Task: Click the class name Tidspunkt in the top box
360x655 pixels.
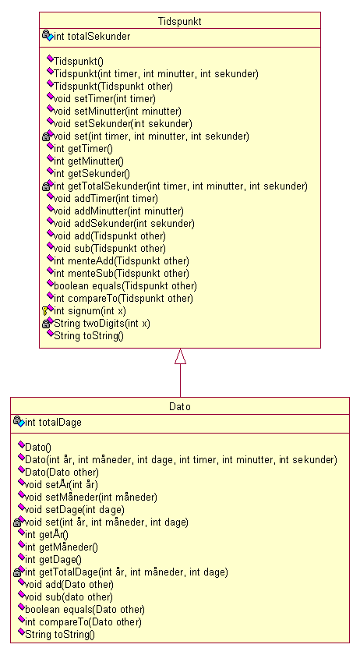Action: click(x=179, y=22)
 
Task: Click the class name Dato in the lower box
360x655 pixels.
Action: click(x=180, y=406)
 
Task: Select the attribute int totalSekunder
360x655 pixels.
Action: click(x=92, y=37)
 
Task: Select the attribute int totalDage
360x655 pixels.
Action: click(x=53, y=423)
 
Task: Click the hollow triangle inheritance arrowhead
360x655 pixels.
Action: click(x=181, y=356)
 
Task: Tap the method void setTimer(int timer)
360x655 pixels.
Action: click(x=104, y=99)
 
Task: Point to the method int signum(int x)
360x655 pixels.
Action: click(x=90, y=311)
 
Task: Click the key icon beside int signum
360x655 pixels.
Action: click(x=45, y=311)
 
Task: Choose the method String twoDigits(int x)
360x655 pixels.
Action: click(x=102, y=324)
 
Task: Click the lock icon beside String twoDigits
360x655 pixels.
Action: click(x=46, y=324)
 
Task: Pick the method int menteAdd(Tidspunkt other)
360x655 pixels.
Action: click(x=122, y=261)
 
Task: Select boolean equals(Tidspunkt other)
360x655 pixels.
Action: click(x=125, y=287)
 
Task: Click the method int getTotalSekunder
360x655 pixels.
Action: click(x=181, y=186)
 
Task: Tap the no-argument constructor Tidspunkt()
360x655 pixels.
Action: click(x=79, y=62)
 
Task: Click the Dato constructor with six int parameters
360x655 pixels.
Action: click(x=181, y=460)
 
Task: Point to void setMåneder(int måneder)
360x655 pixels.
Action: click(x=91, y=497)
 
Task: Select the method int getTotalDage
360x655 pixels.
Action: click(x=126, y=572)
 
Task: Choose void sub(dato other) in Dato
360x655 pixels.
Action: click(x=69, y=597)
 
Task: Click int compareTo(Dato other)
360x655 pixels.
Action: click(x=83, y=622)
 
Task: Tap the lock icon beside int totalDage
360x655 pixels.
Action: click(x=17, y=420)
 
